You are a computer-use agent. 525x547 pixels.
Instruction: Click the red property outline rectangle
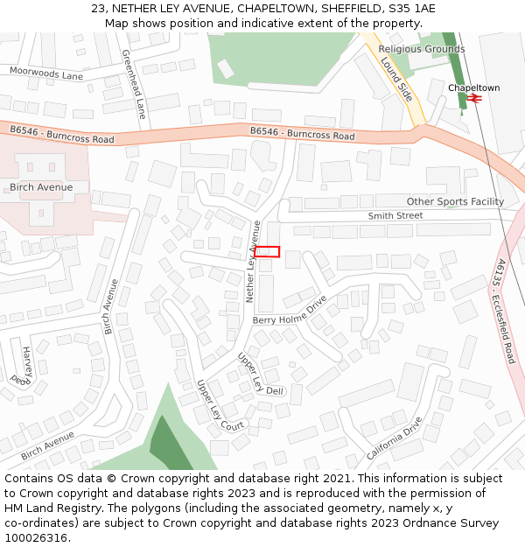pos(267,252)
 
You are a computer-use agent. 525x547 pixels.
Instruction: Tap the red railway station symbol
pos(474,100)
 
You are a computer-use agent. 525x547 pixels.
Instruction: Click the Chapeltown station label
pos(473,88)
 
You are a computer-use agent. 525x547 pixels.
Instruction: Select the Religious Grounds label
pos(422,49)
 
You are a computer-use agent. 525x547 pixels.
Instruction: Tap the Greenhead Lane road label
pos(134,84)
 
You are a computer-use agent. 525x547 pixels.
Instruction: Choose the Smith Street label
pos(395,215)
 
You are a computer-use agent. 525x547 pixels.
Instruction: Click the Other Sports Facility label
pos(455,202)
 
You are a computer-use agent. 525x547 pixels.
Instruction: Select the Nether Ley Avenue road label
pos(254,262)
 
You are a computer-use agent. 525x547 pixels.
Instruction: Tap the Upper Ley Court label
pos(220,405)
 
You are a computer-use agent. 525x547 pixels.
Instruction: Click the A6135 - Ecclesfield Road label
pos(505,311)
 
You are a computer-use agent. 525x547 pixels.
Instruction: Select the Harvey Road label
pos(23,366)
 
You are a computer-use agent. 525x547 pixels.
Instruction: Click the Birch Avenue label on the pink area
pos(41,187)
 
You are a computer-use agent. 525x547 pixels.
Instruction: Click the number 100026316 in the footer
pos(37,538)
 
